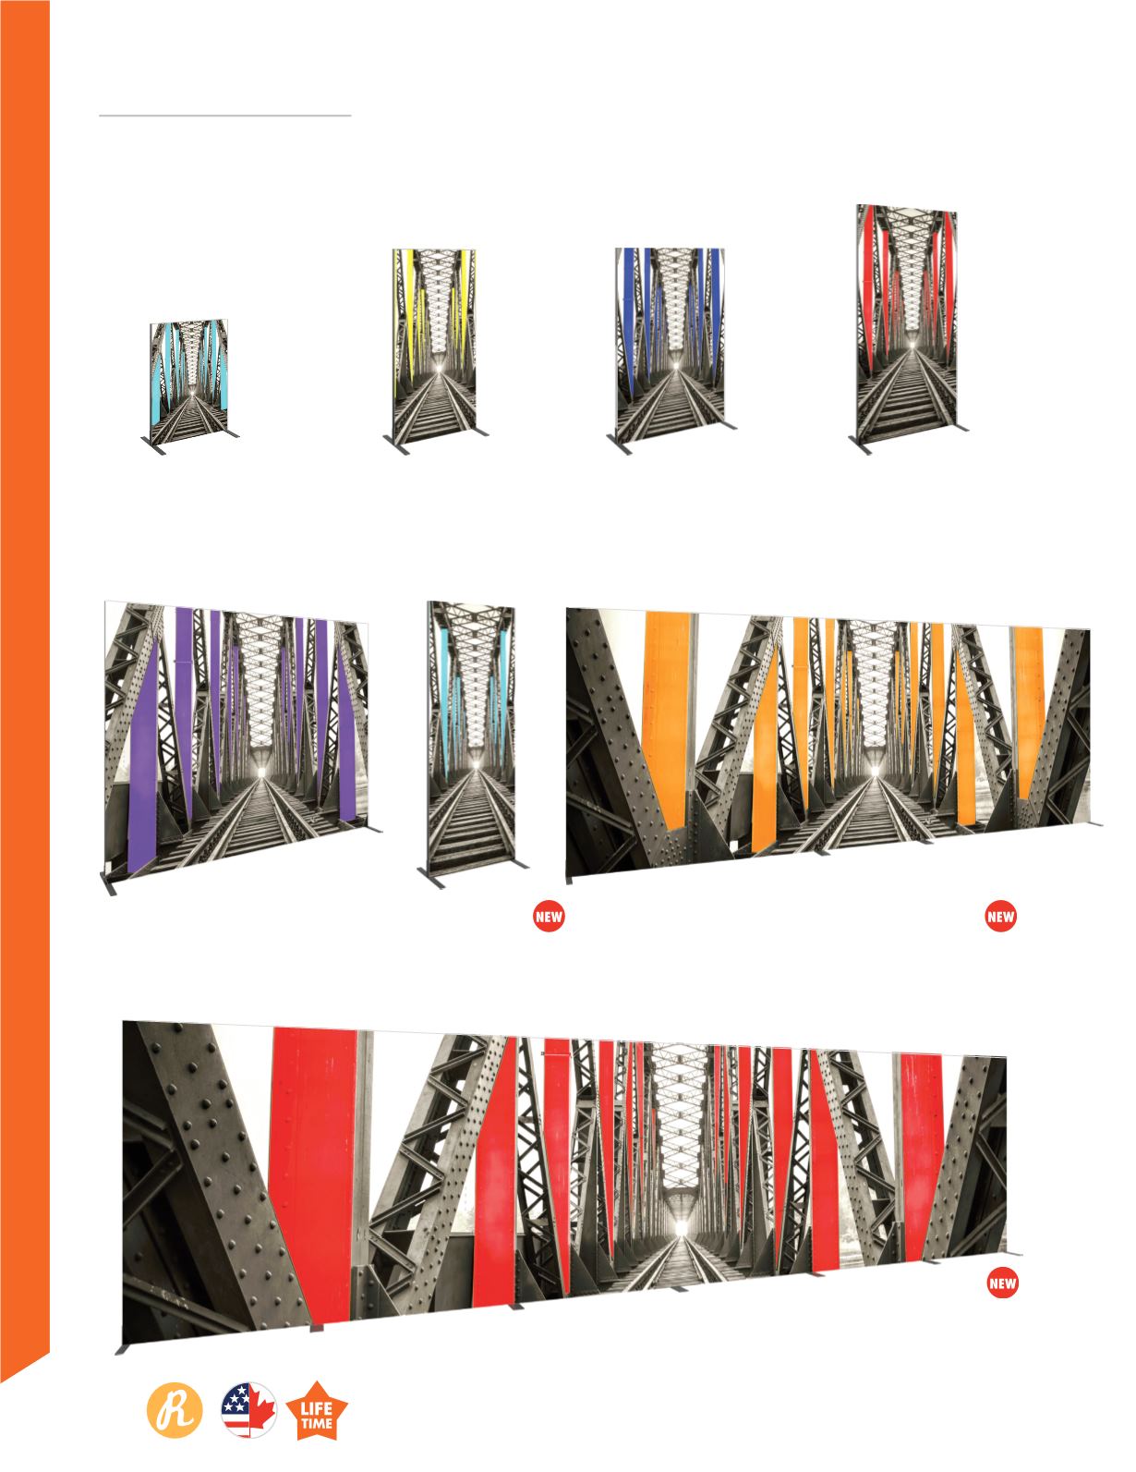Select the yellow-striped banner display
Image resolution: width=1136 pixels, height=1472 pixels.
coord(435,348)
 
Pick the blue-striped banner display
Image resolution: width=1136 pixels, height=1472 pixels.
coord(671,348)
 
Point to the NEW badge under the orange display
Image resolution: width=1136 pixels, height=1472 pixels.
coord(1000,918)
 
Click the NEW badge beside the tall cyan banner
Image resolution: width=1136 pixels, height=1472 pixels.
coord(549,918)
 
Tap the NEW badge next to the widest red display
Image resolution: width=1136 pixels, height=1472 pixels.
coord(1003,1283)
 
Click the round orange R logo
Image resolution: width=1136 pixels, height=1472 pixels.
coord(175,1410)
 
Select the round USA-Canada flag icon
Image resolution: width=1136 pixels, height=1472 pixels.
coord(248,1410)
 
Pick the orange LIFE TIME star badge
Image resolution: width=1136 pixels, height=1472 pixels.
coord(317,1411)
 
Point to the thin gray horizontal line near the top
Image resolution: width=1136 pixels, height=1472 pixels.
coord(224,116)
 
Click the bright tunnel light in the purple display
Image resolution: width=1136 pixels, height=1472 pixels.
coord(261,772)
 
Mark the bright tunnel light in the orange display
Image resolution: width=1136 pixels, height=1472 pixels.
coord(874,771)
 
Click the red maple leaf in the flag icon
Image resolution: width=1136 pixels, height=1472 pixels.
coord(262,1410)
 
